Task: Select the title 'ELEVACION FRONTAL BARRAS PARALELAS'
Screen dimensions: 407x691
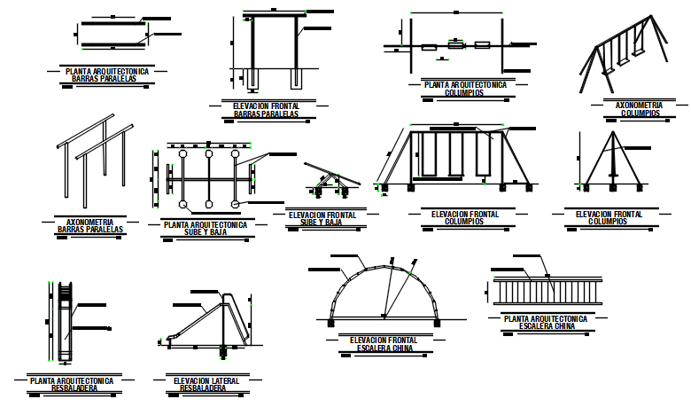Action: (x=266, y=110)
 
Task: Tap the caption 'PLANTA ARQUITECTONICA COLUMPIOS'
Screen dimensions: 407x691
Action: (x=465, y=88)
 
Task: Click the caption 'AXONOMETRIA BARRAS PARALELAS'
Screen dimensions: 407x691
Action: (x=90, y=225)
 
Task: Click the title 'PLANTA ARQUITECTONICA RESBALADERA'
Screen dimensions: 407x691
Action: (x=71, y=384)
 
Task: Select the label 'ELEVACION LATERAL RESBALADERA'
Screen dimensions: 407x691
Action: (x=206, y=384)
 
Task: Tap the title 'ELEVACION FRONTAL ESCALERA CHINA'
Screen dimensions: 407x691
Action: (x=384, y=344)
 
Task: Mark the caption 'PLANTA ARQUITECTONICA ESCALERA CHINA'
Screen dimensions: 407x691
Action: (x=546, y=322)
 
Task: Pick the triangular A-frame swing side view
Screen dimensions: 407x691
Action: (x=612, y=160)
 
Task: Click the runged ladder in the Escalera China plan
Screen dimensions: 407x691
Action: (x=546, y=289)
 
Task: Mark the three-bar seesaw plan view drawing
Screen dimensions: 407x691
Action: (x=209, y=181)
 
